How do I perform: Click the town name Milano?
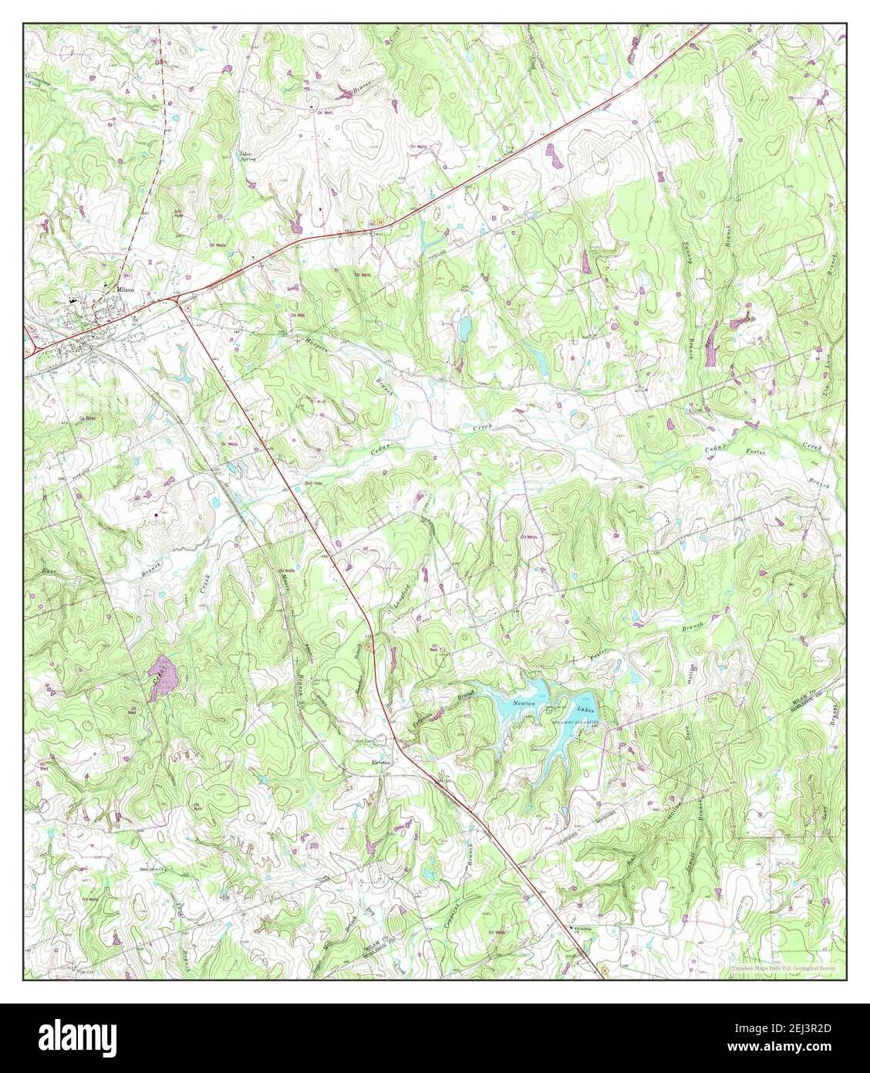pos(123,289)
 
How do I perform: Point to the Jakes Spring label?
pos(248,154)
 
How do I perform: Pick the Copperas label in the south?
pos(454,897)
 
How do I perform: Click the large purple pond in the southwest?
pos(164,677)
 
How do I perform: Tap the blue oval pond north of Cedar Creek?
pos(465,330)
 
